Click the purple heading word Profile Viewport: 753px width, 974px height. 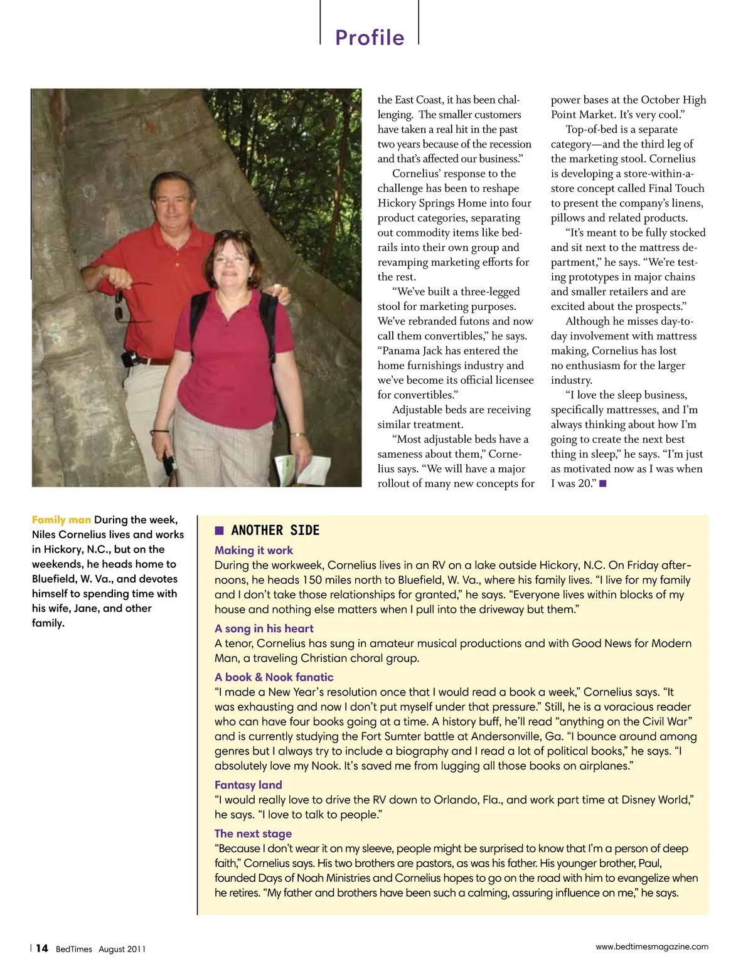coord(370,38)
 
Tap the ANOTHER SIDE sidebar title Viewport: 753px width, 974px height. coord(275,531)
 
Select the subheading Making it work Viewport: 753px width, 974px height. coord(254,550)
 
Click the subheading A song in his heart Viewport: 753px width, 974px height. coord(264,628)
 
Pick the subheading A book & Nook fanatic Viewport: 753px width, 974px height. coord(274,677)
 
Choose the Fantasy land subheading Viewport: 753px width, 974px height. coord(248,785)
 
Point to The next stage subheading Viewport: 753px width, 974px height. coord(253,834)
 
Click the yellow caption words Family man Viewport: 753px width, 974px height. coord(61,520)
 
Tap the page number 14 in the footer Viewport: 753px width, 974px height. coord(41,948)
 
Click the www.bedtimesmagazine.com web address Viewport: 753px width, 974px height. coord(651,946)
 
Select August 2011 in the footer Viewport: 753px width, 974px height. coord(122,949)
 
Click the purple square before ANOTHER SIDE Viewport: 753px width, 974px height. coord(220,531)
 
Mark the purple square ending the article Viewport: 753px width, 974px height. coord(603,484)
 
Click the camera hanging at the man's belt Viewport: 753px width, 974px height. coord(130,359)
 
